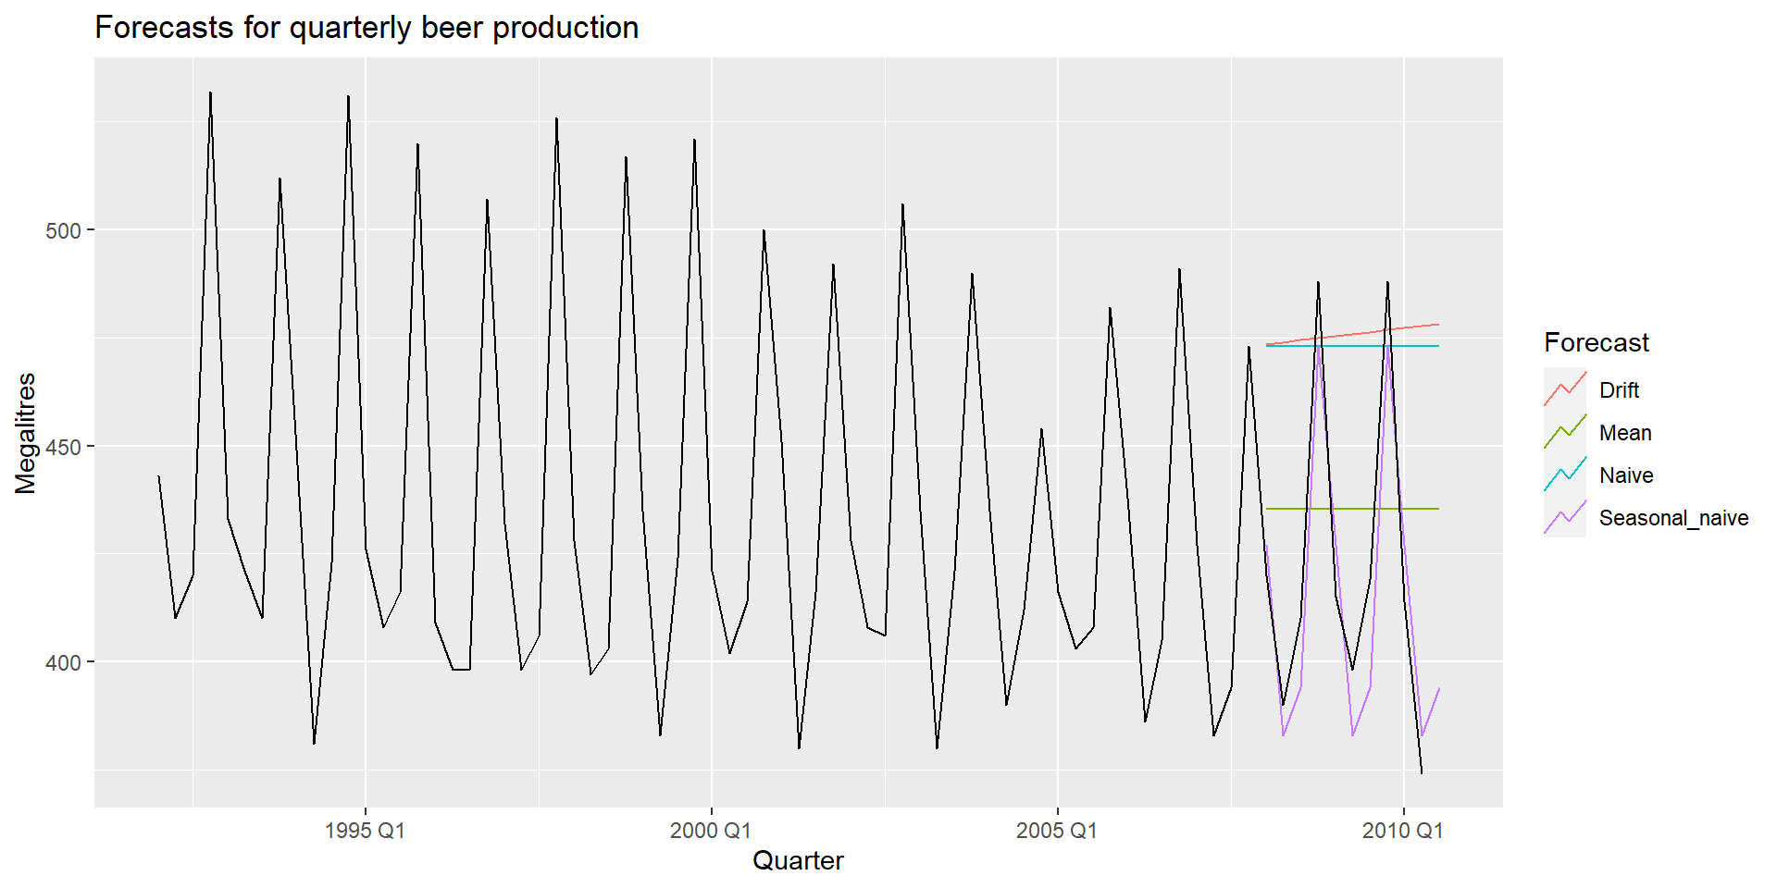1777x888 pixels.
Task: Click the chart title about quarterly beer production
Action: coord(367,28)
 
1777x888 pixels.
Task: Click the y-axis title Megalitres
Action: coord(26,433)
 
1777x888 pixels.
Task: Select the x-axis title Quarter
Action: coord(798,860)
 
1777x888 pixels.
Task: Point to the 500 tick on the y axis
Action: coord(63,230)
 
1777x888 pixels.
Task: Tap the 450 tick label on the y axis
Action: coord(63,447)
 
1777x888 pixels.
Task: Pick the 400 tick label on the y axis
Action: coord(63,662)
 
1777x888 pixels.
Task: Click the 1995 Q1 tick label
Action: coord(365,830)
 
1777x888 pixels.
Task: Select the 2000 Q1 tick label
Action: coord(711,830)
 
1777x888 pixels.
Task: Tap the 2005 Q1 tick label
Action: coord(1057,830)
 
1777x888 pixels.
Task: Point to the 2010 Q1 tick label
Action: coord(1402,830)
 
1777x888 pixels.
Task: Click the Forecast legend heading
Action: coord(1596,343)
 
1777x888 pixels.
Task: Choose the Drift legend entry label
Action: coord(1619,390)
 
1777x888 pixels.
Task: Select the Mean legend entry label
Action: coord(1625,433)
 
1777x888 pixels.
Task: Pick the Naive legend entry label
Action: coord(1626,475)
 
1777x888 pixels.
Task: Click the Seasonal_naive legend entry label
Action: coord(1673,518)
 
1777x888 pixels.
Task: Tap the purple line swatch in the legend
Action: coord(1565,518)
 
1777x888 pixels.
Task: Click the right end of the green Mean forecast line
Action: coord(1438,509)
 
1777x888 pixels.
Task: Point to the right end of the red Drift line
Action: coord(1438,324)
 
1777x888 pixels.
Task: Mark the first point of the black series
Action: coord(158,476)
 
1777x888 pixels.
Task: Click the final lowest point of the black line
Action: coord(1422,772)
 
